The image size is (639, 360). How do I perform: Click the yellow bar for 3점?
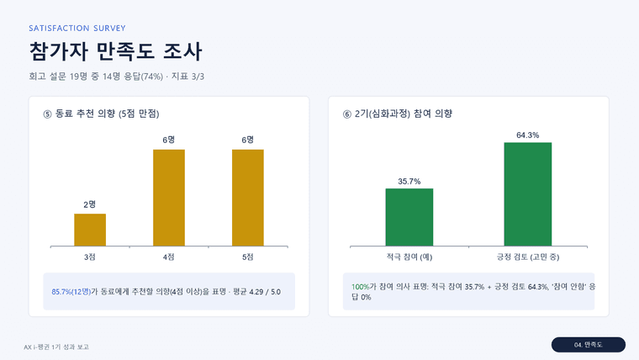(x=90, y=230)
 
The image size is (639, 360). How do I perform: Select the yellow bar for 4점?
(x=169, y=198)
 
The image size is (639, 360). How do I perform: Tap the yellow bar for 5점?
(x=248, y=198)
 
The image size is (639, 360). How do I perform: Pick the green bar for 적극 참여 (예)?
(x=409, y=217)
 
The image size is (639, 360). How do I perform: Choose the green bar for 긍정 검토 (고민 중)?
(x=528, y=194)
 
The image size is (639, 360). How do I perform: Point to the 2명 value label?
(x=90, y=204)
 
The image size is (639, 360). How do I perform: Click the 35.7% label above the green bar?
(x=409, y=182)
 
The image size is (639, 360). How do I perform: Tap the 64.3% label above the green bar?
(x=528, y=135)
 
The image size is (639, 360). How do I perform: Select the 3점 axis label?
(x=90, y=257)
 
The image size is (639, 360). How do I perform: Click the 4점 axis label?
(x=169, y=257)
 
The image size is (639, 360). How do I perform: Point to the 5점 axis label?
(x=248, y=257)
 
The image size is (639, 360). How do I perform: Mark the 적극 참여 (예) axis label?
(x=409, y=257)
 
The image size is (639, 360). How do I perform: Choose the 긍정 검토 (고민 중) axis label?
(x=528, y=257)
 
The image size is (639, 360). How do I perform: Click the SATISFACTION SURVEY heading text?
(x=77, y=28)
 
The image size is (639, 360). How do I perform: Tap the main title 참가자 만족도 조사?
(x=115, y=51)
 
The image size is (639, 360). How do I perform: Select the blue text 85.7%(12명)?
(x=71, y=292)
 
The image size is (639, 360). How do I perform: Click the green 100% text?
(x=360, y=287)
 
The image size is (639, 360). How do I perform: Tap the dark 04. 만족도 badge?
(x=589, y=345)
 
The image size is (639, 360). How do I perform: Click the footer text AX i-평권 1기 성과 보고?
(x=56, y=347)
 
